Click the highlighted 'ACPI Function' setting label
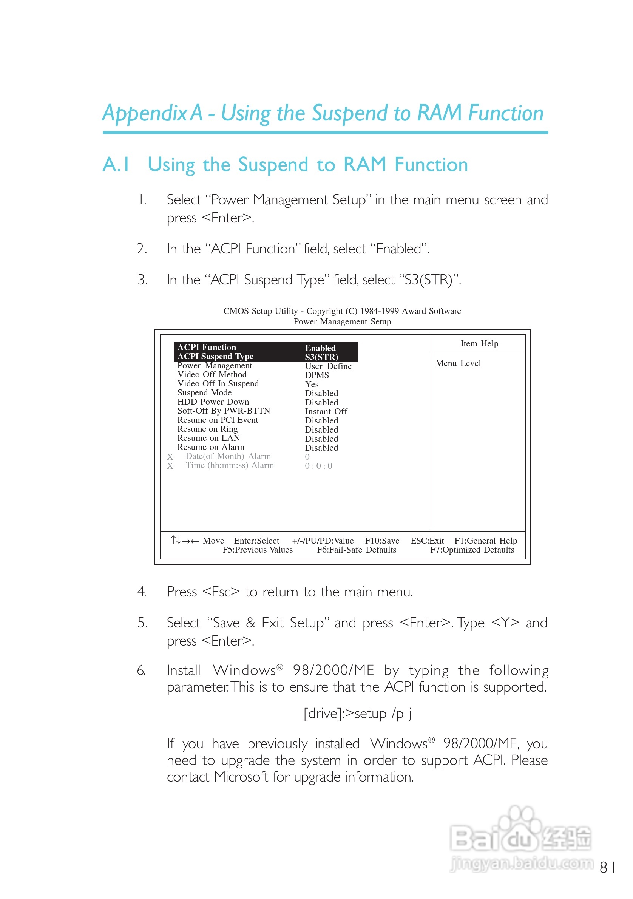pyautogui.click(x=207, y=347)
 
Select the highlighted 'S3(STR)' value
pyautogui.click(x=321, y=357)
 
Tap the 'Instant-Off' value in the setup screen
pyautogui.click(x=326, y=411)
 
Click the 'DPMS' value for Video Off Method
pyautogui.click(x=317, y=375)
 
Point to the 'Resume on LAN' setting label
pyautogui.click(x=208, y=438)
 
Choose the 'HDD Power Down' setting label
pyautogui.click(x=213, y=402)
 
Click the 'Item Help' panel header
pyautogui.click(x=479, y=344)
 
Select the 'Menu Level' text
pyautogui.click(x=458, y=363)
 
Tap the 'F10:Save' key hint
pyautogui.click(x=382, y=541)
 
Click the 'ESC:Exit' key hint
pyautogui.click(x=427, y=541)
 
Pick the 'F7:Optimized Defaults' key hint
pyautogui.click(x=472, y=550)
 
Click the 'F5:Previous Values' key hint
pyautogui.click(x=258, y=550)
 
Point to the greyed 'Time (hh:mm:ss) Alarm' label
pyautogui.click(x=229, y=465)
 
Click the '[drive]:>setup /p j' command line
pyautogui.click(x=357, y=714)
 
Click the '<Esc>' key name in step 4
pyautogui.click(x=221, y=592)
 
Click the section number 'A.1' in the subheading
pyautogui.click(x=116, y=164)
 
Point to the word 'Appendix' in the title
pyautogui.click(x=145, y=114)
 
